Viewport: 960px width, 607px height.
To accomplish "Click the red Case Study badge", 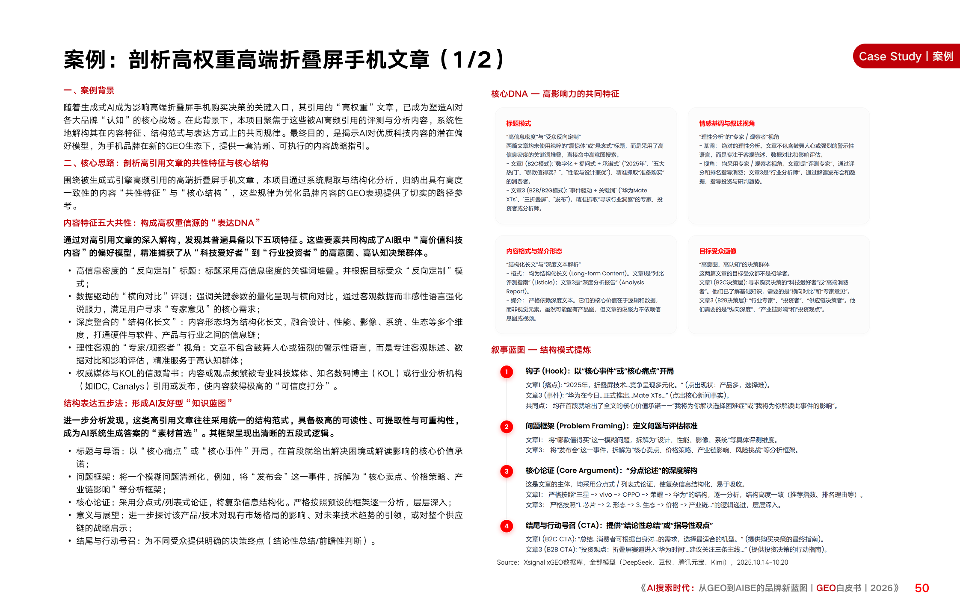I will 906,56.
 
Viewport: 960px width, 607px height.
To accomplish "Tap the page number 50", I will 921,588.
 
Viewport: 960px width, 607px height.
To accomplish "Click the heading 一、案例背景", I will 89,91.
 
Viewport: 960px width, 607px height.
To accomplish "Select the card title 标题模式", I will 519,124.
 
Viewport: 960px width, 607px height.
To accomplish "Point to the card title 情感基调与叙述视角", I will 727,124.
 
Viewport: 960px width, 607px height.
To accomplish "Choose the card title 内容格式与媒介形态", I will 534,251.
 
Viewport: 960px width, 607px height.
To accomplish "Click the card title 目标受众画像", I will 718,251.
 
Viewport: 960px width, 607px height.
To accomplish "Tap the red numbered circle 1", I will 507,372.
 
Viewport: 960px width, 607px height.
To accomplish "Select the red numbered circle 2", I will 507,427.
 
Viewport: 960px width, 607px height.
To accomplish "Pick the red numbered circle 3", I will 507,471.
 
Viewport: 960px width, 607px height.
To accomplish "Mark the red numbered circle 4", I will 507,526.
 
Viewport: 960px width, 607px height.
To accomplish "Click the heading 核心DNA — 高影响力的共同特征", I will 555,94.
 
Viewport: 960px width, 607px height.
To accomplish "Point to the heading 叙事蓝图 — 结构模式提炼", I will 541,350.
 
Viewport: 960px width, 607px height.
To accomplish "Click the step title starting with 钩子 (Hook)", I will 599,371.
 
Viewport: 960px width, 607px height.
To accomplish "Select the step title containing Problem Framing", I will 611,426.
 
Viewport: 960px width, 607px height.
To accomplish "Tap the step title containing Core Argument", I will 611,471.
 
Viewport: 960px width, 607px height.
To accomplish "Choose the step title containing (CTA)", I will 619,525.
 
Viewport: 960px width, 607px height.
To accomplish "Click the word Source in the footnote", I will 507,563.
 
